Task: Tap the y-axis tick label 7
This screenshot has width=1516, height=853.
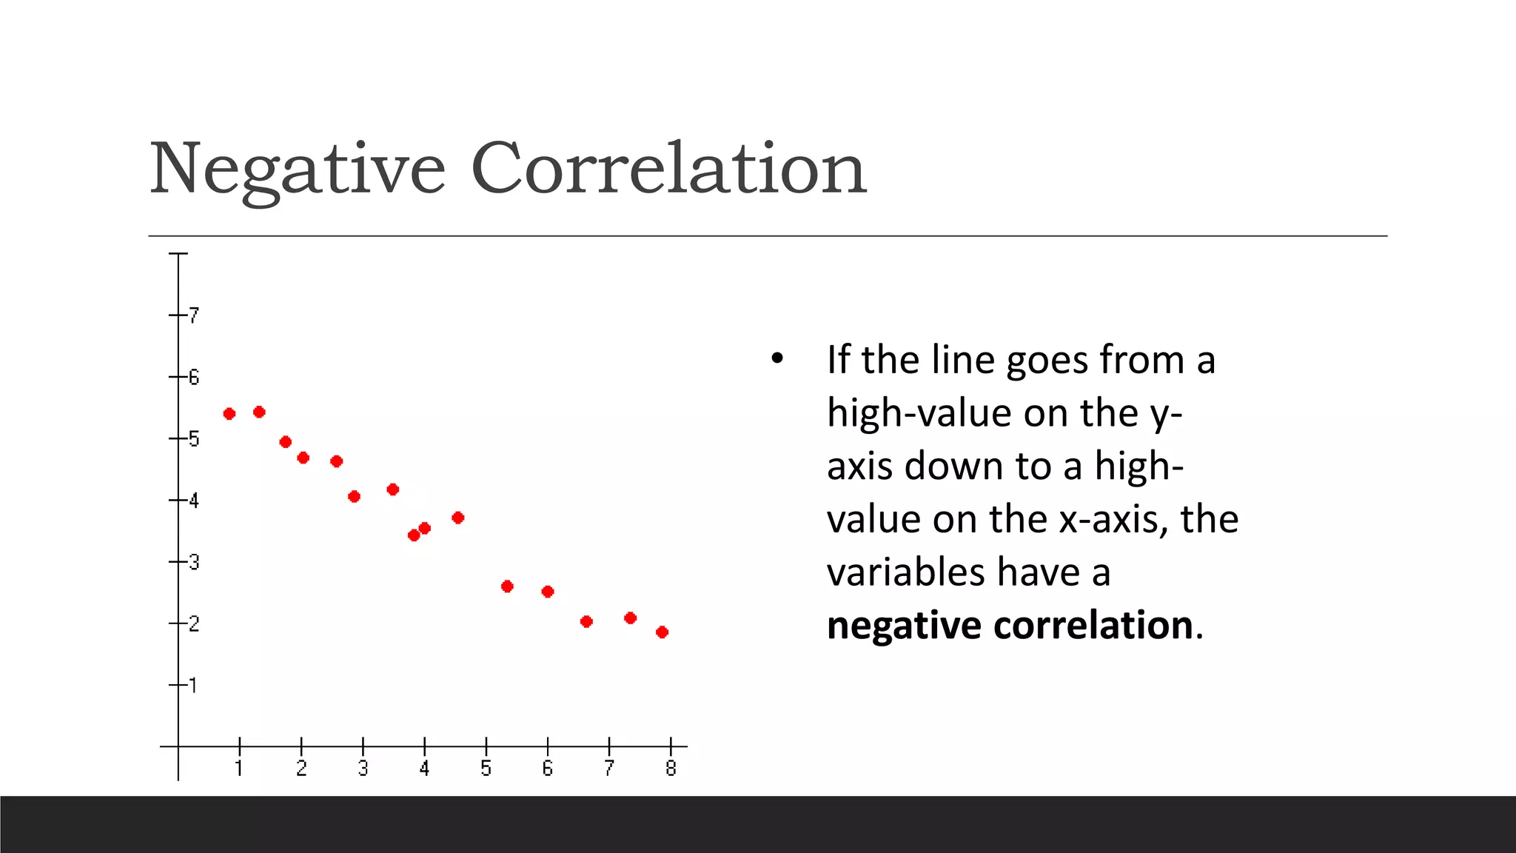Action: click(194, 315)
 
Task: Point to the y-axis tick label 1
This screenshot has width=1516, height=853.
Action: click(194, 685)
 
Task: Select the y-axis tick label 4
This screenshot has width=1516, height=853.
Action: click(194, 501)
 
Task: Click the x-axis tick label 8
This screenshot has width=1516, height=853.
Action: click(671, 769)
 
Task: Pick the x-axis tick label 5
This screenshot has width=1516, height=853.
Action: click(486, 769)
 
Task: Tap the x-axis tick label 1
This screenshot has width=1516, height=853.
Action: click(239, 769)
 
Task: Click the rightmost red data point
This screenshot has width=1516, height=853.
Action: click(663, 632)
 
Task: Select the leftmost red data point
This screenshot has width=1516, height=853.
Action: click(229, 414)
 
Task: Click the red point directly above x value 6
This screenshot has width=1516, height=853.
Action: click(548, 592)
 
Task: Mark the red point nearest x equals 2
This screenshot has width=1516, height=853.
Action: click(303, 458)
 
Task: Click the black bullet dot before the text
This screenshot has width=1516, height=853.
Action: click(777, 359)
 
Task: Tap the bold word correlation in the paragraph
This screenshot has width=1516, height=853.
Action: click(1093, 625)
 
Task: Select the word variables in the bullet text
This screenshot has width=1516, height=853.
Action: click(906, 572)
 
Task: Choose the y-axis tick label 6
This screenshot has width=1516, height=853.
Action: click(194, 378)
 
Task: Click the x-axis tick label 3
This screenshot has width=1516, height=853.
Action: click(363, 769)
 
